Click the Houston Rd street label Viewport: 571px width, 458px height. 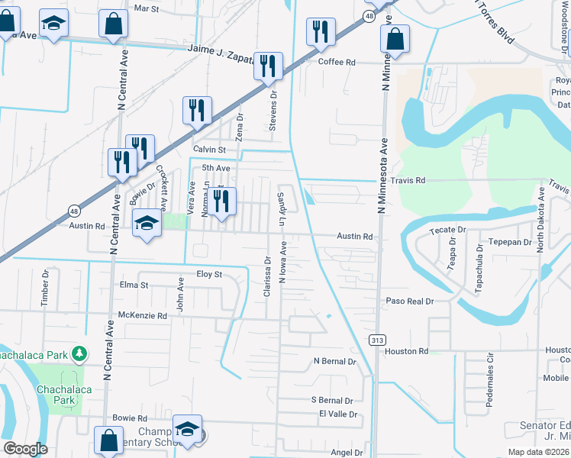click(x=407, y=351)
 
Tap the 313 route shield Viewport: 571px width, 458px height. click(x=376, y=340)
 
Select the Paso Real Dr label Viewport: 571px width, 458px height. click(x=409, y=302)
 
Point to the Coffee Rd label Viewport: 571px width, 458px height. click(x=337, y=62)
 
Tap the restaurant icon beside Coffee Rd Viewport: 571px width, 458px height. click(x=319, y=32)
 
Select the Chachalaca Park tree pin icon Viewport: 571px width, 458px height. click(x=79, y=353)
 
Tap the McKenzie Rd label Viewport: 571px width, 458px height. click(x=143, y=314)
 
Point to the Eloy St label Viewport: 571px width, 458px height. click(x=208, y=274)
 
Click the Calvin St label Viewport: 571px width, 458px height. click(x=210, y=150)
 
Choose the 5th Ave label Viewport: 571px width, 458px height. click(x=216, y=168)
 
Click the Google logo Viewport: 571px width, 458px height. click(x=25, y=449)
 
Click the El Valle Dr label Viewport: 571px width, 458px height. click(x=338, y=414)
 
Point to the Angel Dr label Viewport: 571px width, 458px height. click(x=347, y=453)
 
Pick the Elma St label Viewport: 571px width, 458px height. click(x=133, y=285)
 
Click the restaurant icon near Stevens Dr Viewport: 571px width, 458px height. click(x=268, y=66)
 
